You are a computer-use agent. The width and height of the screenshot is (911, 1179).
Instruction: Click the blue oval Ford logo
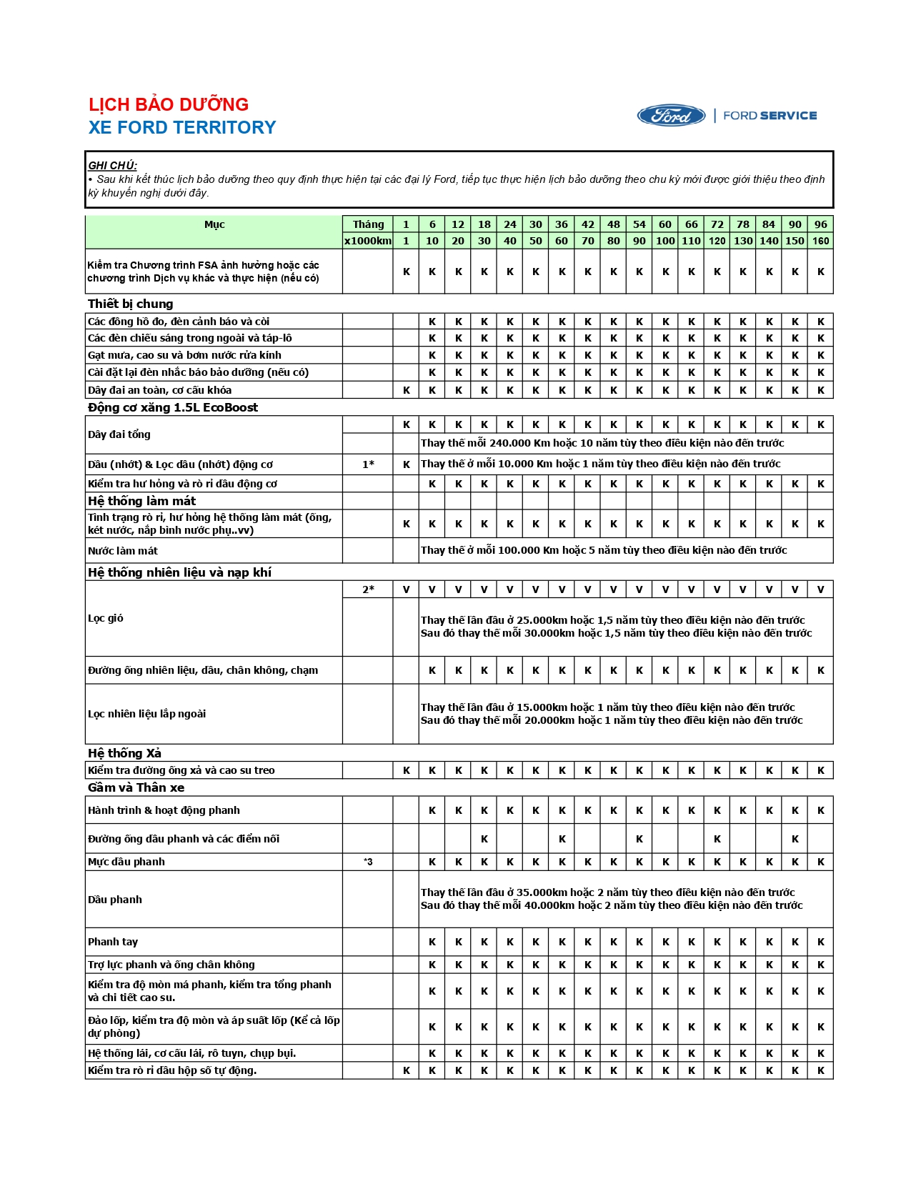click(x=671, y=116)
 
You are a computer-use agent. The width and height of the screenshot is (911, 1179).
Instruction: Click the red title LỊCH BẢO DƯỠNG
click(x=169, y=104)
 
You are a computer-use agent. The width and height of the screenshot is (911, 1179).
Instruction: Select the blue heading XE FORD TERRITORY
click(x=182, y=127)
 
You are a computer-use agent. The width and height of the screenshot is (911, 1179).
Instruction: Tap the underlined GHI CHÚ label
click(x=112, y=165)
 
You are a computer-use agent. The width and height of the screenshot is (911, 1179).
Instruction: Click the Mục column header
click(x=214, y=224)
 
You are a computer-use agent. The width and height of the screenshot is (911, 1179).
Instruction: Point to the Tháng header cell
click(x=368, y=224)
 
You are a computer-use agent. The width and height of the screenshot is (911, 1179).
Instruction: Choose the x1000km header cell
click(x=368, y=241)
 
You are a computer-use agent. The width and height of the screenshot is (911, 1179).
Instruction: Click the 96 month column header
click(x=820, y=224)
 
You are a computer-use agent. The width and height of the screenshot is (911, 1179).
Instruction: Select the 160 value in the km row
click(x=820, y=241)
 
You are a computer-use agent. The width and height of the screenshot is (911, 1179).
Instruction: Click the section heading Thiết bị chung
click(x=130, y=304)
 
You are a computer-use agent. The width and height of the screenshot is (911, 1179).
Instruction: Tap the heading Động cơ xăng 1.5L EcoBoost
click(x=173, y=407)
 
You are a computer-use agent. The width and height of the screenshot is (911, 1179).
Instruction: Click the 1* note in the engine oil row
click(x=368, y=464)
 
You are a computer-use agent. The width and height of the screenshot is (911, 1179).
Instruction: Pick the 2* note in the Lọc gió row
click(x=368, y=589)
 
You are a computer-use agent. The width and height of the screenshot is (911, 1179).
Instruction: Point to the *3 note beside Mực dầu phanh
click(x=368, y=862)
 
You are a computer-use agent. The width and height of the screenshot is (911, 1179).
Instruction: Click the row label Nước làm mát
click(x=123, y=551)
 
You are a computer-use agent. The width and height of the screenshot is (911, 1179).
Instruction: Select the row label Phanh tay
click(x=113, y=942)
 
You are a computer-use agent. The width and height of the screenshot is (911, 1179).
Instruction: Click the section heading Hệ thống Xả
click(x=124, y=753)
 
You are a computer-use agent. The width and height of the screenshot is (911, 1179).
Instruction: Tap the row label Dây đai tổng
click(x=119, y=434)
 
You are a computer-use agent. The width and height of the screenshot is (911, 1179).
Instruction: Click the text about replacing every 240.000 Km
click(x=602, y=443)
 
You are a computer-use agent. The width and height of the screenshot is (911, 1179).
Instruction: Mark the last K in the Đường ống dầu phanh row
click(x=795, y=839)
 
